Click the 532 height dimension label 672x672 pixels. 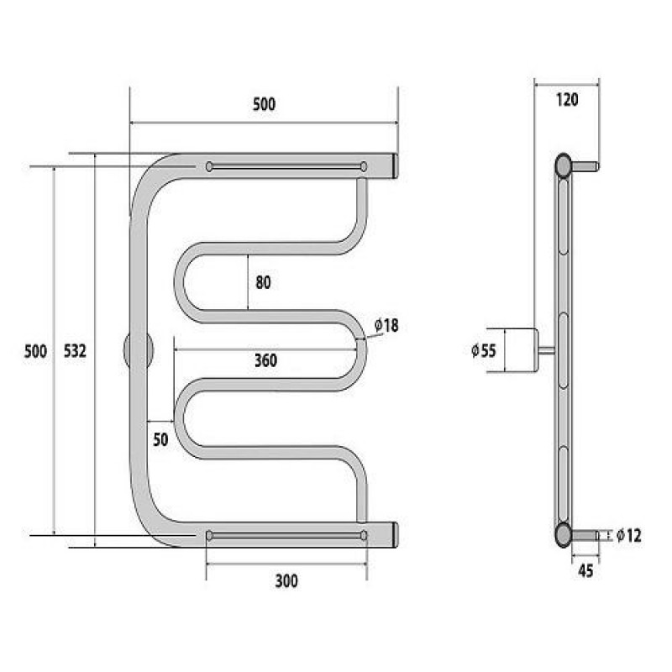(75, 351)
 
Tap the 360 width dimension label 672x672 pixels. (265, 360)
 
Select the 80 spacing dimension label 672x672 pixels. (263, 282)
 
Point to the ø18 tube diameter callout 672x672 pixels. (386, 326)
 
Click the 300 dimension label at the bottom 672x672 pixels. (286, 581)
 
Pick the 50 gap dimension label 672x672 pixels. (160, 439)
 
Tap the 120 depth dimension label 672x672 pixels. (567, 100)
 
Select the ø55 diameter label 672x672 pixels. (484, 350)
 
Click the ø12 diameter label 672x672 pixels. (629, 535)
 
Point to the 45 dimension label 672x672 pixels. (585, 571)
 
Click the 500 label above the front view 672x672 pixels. (264, 104)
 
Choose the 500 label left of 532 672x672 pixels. (35, 351)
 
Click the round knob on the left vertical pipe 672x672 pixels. (138, 350)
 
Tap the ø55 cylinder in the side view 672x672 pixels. (521, 350)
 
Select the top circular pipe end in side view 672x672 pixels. (563, 165)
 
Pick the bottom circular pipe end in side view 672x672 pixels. (563, 534)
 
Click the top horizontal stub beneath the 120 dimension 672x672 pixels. (585, 165)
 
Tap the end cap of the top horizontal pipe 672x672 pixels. (396, 165)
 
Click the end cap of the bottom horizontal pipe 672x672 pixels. (396, 534)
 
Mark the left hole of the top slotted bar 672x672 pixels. (209, 166)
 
